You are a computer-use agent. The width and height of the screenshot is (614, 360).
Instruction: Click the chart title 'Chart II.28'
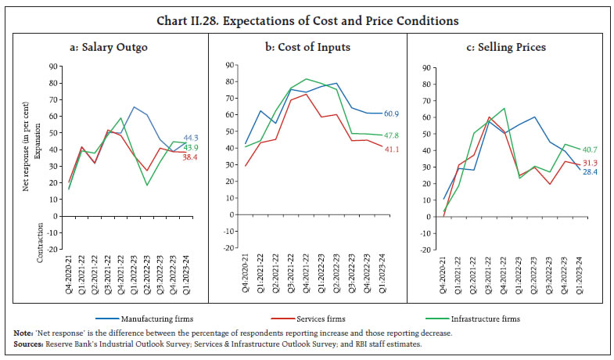[307, 20]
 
